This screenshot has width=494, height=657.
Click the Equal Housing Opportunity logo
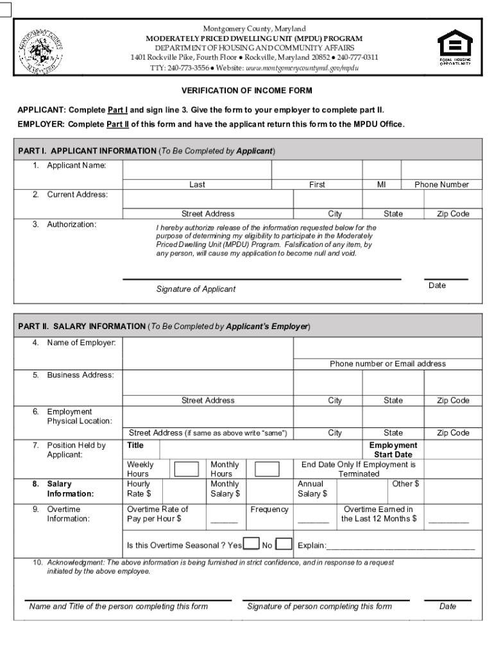tap(454, 48)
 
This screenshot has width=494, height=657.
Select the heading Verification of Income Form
tap(246, 91)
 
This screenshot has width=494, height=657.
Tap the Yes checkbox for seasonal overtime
tap(251, 545)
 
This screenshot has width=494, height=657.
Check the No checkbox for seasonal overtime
tap(283, 545)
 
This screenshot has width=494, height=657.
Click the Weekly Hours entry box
tap(187, 469)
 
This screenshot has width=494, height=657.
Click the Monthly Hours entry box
tap(267, 469)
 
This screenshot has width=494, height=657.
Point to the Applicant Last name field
tap(197, 169)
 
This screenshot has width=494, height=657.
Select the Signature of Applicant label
tap(196, 289)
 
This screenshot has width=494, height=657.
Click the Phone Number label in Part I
tap(441, 185)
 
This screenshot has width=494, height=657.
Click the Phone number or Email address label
tap(388, 364)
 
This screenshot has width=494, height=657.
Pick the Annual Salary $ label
tap(312, 489)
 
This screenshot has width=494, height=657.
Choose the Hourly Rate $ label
tap(139, 489)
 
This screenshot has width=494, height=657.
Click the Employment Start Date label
tap(393, 450)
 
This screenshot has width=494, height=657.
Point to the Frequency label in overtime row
tap(269, 509)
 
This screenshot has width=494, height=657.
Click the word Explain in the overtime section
tap(312, 546)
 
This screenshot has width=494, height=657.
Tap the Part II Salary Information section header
tap(164, 326)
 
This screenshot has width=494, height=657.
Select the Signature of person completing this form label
tap(319, 606)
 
